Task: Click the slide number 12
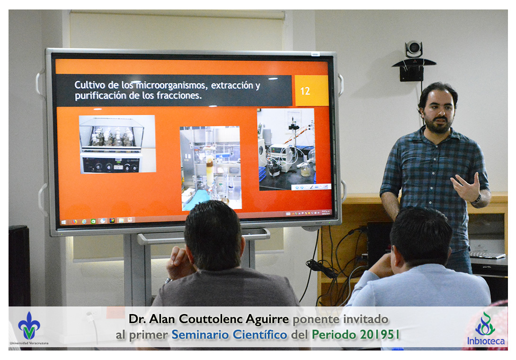pyautogui.click(x=305, y=91)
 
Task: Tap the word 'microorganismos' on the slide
pyautogui.click(x=170, y=85)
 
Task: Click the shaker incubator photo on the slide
pyautogui.click(x=117, y=144)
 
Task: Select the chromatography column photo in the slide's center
pyautogui.click(x=211, y=168)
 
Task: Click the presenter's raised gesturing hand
pyautogui.click(x=467, y=187)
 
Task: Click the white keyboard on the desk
pyautogui.click(x=487, y=255)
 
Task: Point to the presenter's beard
pyautogui.click(x=438, y=125)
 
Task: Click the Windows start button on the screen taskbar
pyautogui.click(x=63, y=222)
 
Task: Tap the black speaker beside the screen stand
pyautogui.click(x=19, y=265)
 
